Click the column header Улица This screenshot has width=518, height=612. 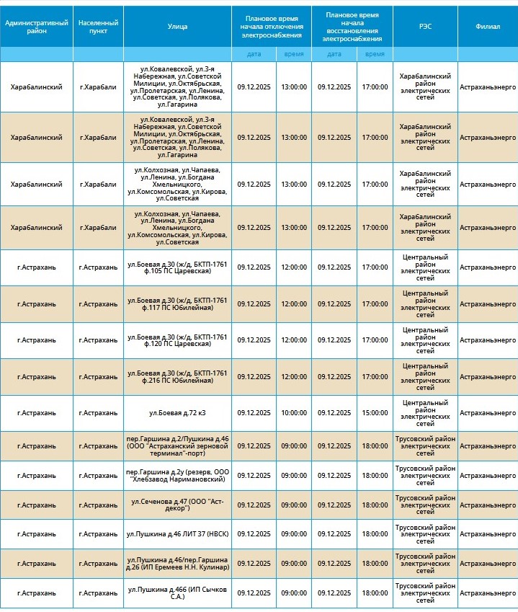tap(177, 27)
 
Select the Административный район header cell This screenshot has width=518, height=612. tap(36, 27)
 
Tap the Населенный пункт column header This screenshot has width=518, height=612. tap(98, 27)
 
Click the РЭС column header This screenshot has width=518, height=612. tap(425, 27)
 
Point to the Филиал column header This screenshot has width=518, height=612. tap(488, 27)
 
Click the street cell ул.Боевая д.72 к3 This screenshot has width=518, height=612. tap(177, 413)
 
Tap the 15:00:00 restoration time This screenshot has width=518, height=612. tap(375, 413)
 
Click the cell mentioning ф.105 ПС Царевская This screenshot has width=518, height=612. tap(177, 267)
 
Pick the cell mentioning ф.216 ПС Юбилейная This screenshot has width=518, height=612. tap(177, 376)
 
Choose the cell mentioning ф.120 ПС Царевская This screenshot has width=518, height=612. tap(177, 340)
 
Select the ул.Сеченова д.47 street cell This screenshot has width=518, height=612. tap(177, 505)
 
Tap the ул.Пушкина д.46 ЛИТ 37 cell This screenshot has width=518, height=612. tap(177, 534)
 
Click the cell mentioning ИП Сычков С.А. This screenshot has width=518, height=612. tap(177, 593)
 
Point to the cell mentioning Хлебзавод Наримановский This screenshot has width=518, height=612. tap(177, 476)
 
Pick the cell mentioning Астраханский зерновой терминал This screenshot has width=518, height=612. tap(177, 446)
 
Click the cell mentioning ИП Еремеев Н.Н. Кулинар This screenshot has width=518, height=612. tap(177, 563)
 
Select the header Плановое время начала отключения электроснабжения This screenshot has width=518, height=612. tap(272, 27)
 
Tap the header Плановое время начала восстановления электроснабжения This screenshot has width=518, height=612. tap(352, 27)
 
